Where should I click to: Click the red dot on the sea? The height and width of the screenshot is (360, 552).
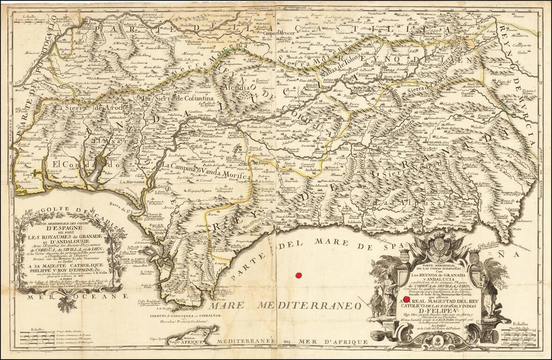pyautogui.click(x=296, y=276)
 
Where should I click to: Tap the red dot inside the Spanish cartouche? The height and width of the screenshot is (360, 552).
pyautogui.click(x=407, y=299)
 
